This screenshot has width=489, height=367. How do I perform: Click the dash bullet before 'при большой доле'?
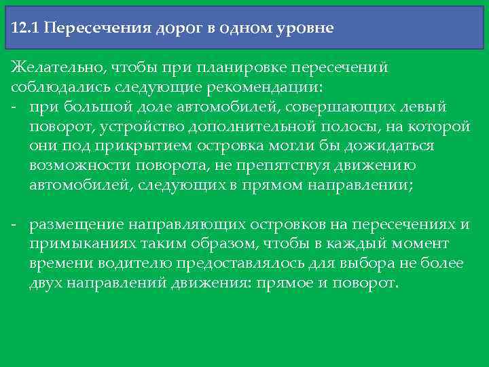(x=14, y=107)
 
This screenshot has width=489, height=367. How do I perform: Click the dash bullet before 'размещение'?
(x=14, y=225)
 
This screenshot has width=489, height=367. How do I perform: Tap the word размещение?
(x=75, y=225)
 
